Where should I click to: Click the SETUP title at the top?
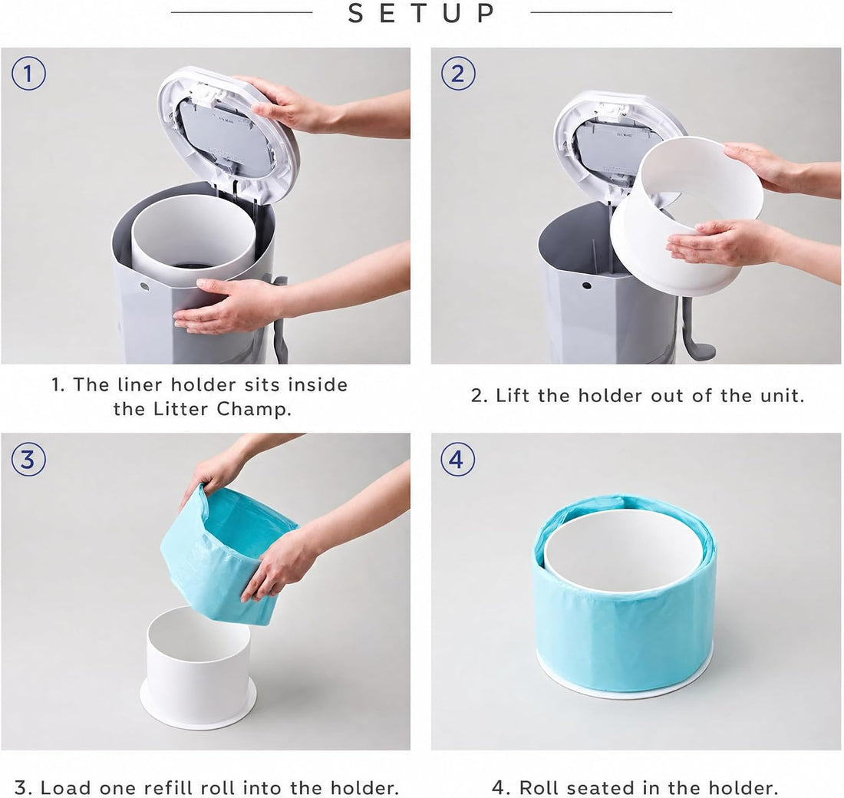coord(421,13)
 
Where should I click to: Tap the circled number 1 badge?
coord(28,74)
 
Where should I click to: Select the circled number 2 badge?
coord(457,74)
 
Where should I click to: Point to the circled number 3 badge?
coord(28,460)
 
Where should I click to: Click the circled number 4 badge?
coord(457,460)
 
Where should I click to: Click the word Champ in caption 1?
coord(253,410)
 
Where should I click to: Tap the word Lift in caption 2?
coord(513,396)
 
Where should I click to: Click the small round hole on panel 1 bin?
coord(144,286)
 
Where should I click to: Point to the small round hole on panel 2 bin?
coord(587,286)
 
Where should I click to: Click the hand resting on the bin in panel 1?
coord(226,306)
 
